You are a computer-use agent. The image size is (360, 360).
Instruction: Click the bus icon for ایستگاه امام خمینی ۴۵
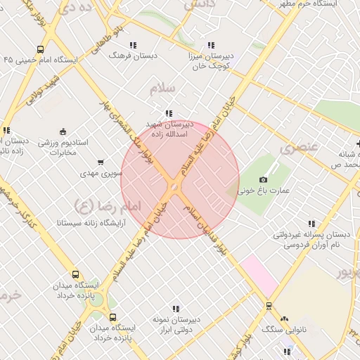(40, 50)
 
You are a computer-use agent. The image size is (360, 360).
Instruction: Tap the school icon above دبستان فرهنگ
(134, 45)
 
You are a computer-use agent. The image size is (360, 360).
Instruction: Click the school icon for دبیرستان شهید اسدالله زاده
(168, 112)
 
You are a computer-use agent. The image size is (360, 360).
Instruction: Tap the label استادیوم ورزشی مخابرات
(63, 147)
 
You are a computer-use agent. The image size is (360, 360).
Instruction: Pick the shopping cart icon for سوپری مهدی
(101, 162)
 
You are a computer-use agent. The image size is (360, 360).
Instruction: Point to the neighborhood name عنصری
(299, 148)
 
